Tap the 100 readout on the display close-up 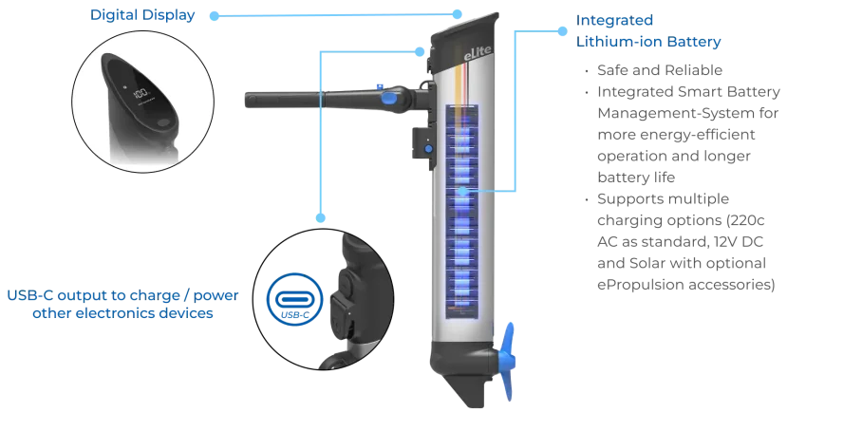(140, 94)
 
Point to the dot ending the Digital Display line (210, 15)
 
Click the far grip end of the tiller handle (252, 99)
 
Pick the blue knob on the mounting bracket (426, 148)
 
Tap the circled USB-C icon (292, 297)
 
